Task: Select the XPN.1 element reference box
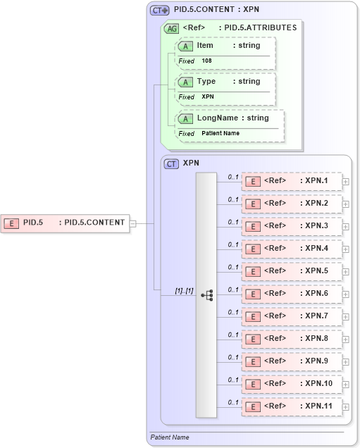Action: point(292,181)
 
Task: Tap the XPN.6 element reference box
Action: point(292,294)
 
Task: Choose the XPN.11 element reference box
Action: point(292,406)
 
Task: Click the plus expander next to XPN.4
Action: point(345,249)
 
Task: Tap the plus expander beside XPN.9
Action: point(345,361)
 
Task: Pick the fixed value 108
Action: point(206,61)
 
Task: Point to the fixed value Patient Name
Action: point(221,133)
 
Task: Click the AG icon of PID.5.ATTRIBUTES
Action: point(170,28)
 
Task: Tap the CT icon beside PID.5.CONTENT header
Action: point(159,11)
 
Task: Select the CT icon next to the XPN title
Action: point(170,163)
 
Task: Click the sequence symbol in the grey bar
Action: point(206,294)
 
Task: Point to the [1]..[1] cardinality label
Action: point(184,290)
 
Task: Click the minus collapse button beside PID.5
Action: point(133,223)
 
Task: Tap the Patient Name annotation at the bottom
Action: point(170,437)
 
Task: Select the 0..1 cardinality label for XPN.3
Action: point(233,222)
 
